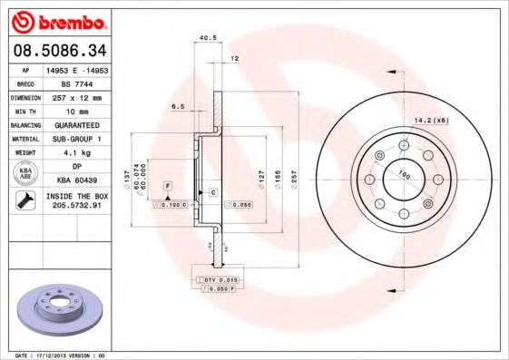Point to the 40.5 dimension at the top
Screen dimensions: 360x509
[206, 38]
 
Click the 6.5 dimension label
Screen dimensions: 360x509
[181, 106]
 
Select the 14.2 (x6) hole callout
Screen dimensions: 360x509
[431, 120]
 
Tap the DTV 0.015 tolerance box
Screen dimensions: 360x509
[219, 279]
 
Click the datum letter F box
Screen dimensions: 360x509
[167, 186]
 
